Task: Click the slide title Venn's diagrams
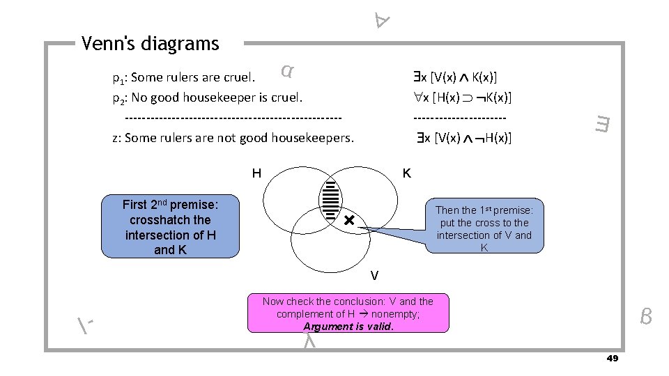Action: pos(150,44)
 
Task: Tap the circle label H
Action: pos(256,173)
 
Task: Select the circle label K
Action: pos(407,173)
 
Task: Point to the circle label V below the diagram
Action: pos(374,276)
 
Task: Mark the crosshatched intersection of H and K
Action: pos(330,198)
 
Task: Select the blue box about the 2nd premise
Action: pos(171,226)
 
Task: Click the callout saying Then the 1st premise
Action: pos(484,228)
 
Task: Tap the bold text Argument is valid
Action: pos(348,326)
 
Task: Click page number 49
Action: pos(613,358)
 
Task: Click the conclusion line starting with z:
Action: pos(233,137)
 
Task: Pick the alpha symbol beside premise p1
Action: pos(286,70)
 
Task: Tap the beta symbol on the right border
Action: pos(646,318)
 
